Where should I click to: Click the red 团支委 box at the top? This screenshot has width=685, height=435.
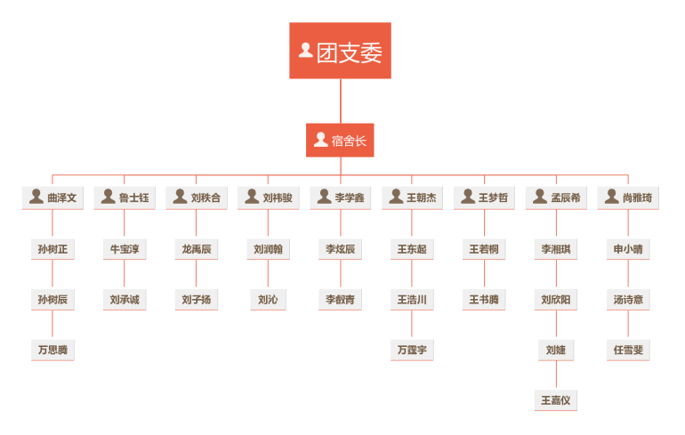340,51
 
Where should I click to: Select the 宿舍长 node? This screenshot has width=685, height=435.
340,140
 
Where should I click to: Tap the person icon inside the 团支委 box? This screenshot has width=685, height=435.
305,51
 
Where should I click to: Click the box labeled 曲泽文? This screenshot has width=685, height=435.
52,197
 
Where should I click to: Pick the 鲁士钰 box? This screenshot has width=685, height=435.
125,197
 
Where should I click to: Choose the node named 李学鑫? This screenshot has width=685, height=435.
341,197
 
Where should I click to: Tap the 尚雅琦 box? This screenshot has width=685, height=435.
628,197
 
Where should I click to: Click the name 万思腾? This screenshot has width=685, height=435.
52,350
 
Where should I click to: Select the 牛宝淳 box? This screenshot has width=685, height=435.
125,249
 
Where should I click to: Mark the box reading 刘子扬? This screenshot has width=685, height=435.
197,300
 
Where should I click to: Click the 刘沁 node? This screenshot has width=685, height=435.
268,300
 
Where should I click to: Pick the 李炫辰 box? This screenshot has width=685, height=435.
341,249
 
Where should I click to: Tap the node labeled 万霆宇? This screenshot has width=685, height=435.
412,350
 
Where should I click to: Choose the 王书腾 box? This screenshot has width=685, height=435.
484,300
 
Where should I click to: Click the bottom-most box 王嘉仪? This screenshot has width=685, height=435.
556,400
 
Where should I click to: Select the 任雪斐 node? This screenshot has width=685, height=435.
628,350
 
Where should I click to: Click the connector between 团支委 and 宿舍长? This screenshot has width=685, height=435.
341,101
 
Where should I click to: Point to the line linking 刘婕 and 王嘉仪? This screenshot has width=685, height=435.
556,375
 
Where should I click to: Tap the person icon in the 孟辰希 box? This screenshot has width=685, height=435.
539,197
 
